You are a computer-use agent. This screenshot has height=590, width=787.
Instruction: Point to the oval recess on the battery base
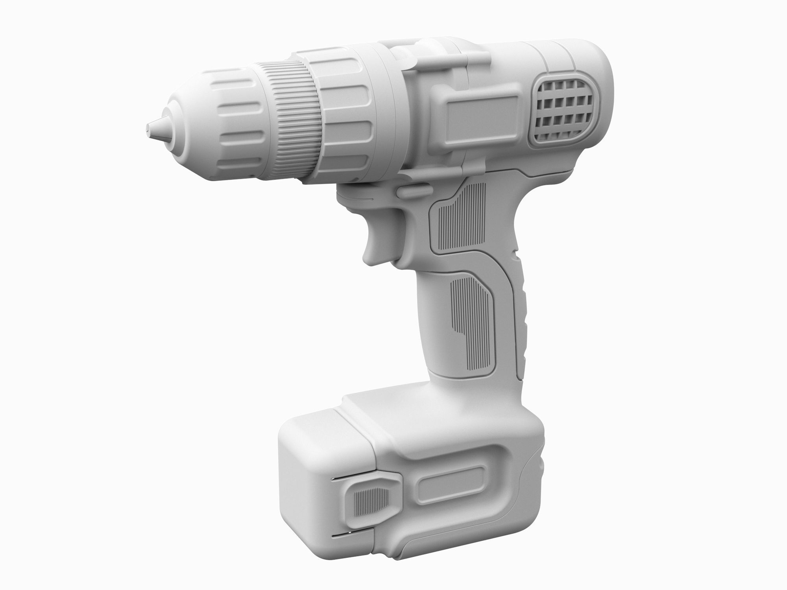click(453, 486)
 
